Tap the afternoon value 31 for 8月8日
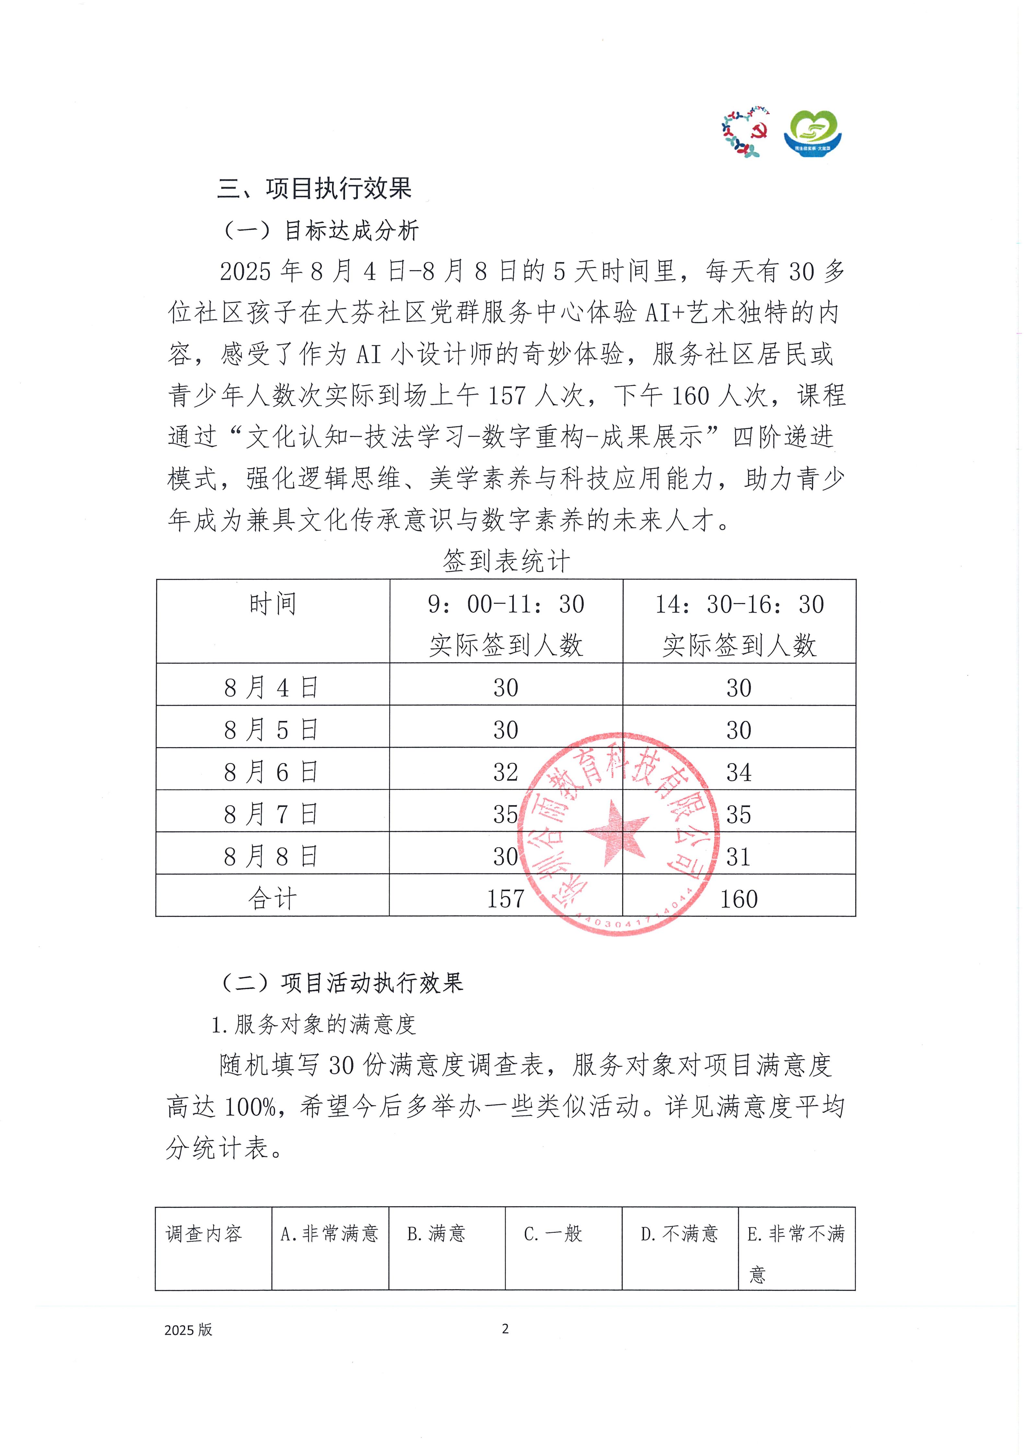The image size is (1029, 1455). [739, 857]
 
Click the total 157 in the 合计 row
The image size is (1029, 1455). [506, 899]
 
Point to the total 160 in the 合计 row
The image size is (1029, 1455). [739, 899]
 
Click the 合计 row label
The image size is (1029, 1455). [273, 899]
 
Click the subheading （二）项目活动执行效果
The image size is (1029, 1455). [342, 983]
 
